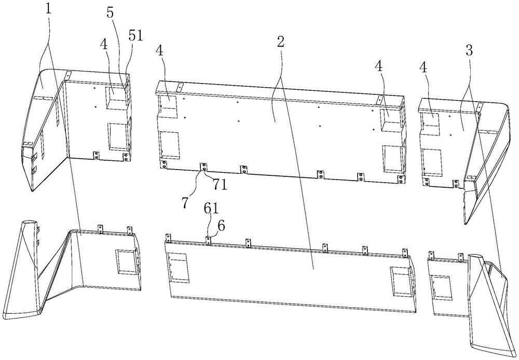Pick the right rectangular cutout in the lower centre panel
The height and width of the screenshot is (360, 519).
click(x=401, y=279)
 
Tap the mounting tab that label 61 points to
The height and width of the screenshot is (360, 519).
click(x=207, y=240)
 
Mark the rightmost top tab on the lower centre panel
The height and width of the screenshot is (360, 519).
click(x=405, y=253)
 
